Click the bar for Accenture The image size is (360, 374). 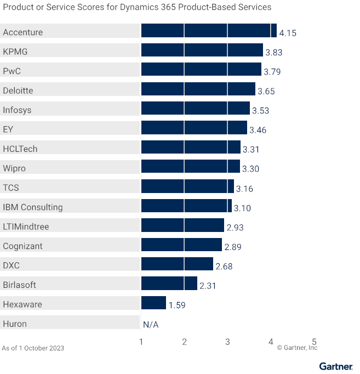pos(209,31)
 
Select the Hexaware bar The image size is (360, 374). pos(153,303)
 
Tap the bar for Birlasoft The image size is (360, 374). pos(169,284)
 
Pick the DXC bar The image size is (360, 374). pos(177,264)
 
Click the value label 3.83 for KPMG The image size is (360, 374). pos(274,53)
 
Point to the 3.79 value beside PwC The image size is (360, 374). pos(272,72)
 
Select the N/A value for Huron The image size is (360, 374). pos(151,325)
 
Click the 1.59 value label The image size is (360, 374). pos(177,305)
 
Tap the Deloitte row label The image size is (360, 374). pos(18,90)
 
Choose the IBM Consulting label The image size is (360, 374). pos(33,207)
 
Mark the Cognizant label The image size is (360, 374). pos(22,246)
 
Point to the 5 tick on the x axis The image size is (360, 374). pos(315,342)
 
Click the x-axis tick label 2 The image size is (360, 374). pos(185,342)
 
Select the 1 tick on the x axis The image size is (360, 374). pos(141,342)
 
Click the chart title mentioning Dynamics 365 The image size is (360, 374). pos(137,8)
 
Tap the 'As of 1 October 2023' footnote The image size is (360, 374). pos(33,348)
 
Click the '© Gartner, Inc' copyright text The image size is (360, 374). pos(297,348)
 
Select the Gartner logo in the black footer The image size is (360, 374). pos(335,366)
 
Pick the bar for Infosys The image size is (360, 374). pos(195,108)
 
